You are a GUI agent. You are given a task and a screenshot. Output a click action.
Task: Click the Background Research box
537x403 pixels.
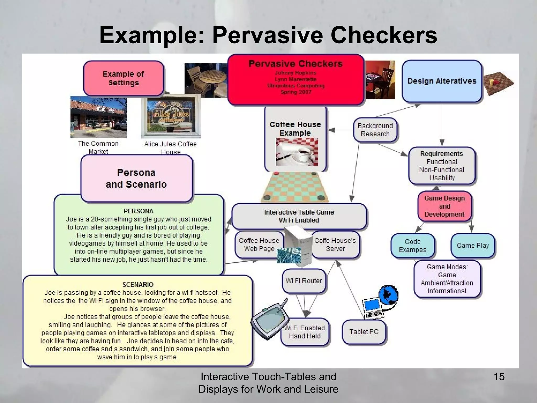(x=375, y=130)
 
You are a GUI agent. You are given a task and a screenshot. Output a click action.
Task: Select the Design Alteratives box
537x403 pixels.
(x=442, y=81)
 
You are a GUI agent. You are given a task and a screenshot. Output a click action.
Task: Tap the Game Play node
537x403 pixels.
(x=473, y=246)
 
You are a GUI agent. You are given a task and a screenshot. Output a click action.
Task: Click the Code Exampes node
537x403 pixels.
(x=412, y=246)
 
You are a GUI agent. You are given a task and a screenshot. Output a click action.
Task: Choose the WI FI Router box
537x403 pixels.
(x=304, y=281)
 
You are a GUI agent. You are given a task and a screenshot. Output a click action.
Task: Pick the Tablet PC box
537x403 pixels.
(x=364, y=332)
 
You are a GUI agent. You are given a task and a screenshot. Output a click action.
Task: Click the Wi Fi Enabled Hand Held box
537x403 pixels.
(x=305, y=332)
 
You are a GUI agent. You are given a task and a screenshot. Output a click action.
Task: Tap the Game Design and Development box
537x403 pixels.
(x=444, y=206)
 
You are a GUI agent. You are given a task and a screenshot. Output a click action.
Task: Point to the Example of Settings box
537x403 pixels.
(x=123, y=78)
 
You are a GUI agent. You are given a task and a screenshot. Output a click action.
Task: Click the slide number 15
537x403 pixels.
(x=499, y=377)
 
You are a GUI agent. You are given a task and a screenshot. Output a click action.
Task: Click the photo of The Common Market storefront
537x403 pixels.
(x=98, y=117)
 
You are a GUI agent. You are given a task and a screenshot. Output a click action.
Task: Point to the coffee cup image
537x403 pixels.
(x=297, y=152)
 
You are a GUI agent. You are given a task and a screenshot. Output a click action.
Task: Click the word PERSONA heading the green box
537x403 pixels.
(x=138, y=211)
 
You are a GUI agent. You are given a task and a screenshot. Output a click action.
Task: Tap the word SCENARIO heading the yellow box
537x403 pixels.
(x=138, y=285)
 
